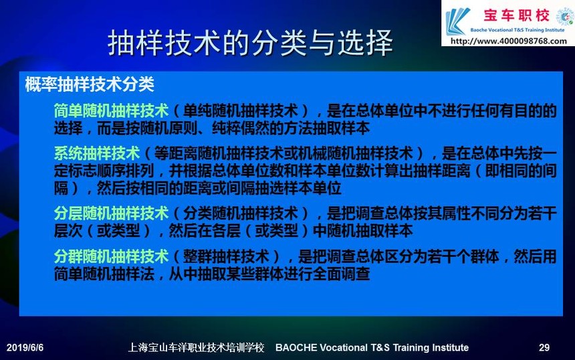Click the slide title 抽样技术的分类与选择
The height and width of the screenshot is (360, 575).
(251, 43)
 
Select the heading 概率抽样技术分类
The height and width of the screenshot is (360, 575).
(90, 84)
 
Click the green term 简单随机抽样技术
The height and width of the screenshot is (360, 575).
(111, 110)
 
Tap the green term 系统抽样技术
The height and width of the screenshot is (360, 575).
(97, 153)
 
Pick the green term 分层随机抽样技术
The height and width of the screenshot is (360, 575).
(111, 213)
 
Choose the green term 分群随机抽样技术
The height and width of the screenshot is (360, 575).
(111, 256)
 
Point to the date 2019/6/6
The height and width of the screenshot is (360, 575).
(25, 347)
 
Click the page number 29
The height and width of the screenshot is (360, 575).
(544, 347)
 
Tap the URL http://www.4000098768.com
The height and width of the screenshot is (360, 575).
(509, 41)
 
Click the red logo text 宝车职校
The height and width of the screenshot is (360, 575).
(517, 15)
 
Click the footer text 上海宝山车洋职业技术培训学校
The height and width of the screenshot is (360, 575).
(196, 347)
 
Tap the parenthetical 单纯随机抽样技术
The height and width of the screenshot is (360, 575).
(241, 110)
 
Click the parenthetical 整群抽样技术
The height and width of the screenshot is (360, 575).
(226, 256)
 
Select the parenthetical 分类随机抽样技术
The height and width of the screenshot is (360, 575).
(241, 213)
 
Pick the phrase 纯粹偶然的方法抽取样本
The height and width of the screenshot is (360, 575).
(291, 128)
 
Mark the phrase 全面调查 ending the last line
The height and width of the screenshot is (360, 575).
(341, 274)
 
